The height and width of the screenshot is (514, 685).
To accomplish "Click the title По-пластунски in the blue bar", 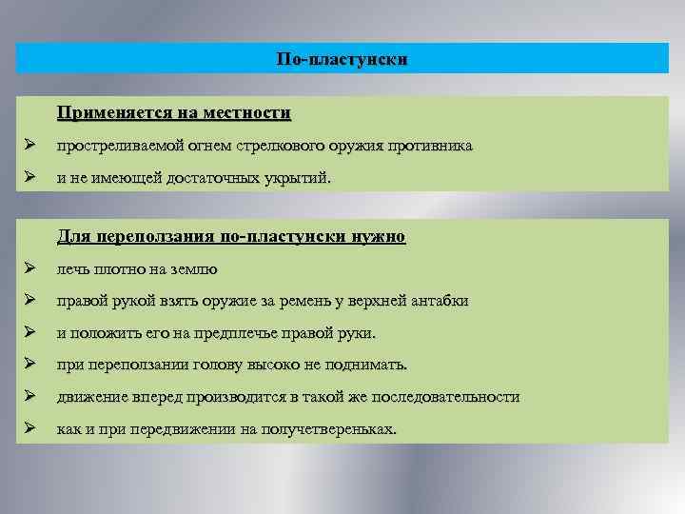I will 342,59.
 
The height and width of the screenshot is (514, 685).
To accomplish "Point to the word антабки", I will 440,302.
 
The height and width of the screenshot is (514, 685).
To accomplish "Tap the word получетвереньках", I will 329,429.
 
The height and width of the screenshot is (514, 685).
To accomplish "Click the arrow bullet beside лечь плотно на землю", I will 31,269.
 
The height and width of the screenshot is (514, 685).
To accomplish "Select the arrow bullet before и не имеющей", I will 31,178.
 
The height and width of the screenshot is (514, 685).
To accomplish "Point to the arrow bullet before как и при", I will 31,429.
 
